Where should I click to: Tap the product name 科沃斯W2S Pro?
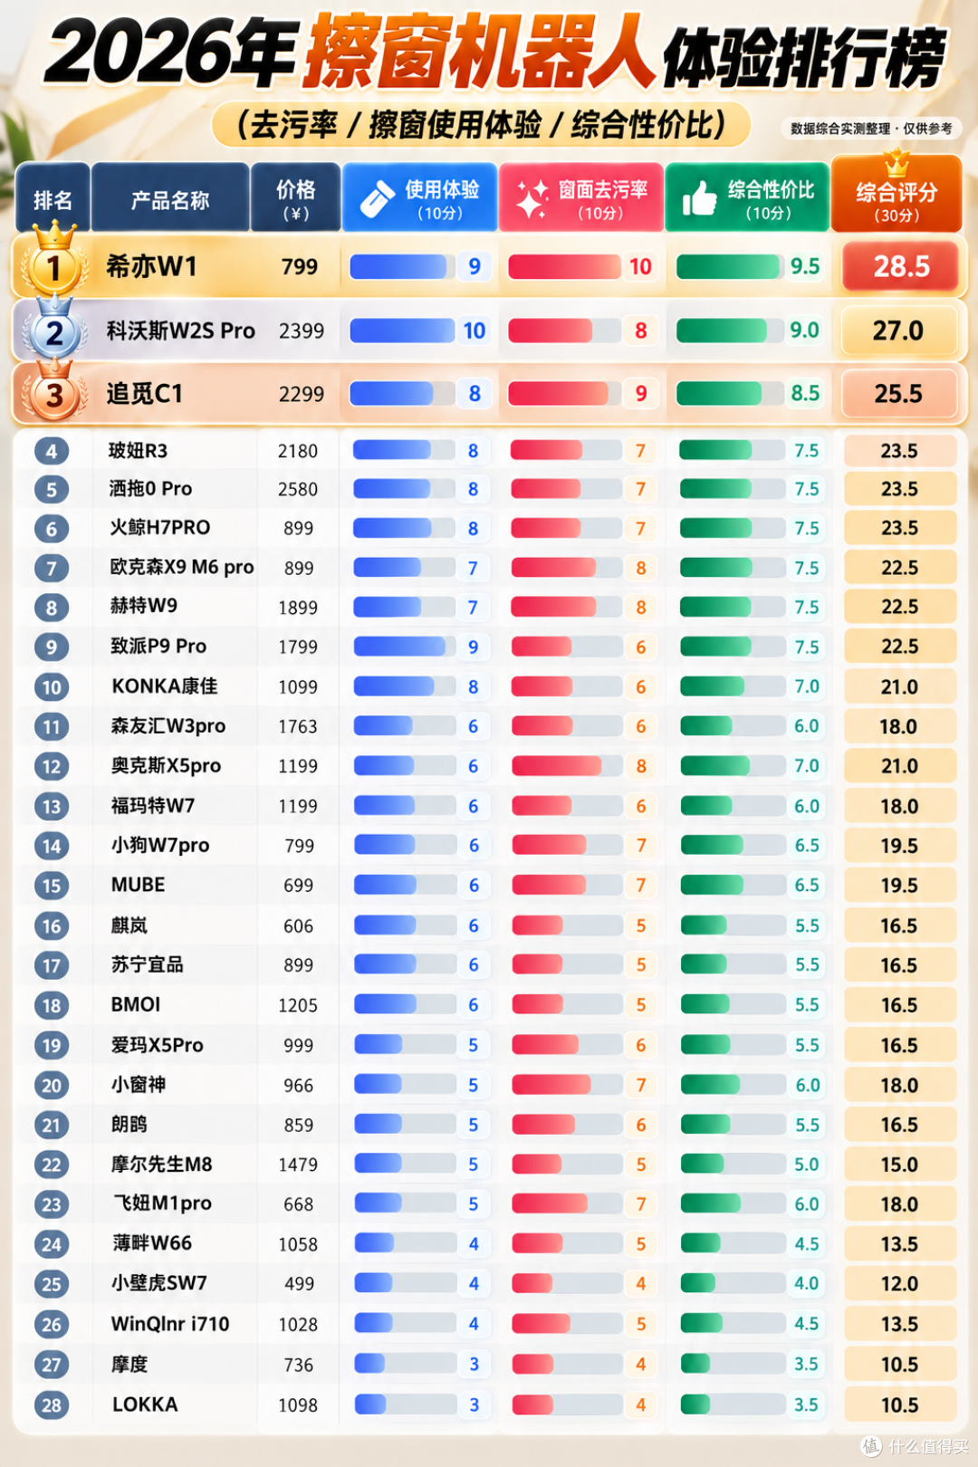click(180, 331)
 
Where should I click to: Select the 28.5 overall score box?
click(901, 266)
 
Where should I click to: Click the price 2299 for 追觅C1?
click(302, 394)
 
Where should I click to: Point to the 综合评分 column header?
click(896, 194)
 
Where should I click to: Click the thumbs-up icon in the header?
click(700, 197)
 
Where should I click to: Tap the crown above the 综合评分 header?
click(896, 163)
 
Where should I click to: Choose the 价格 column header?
click(295, 197)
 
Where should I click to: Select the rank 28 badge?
click(52, 1405)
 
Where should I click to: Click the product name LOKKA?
click(145, 1405)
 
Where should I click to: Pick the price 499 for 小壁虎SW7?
click(299, 1284)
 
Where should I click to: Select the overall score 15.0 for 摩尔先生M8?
click(898, 1165)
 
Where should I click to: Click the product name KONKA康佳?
click(165, 686)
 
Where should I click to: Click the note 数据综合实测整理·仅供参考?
click(871, 129)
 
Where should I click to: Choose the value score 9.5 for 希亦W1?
click(805, 266)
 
